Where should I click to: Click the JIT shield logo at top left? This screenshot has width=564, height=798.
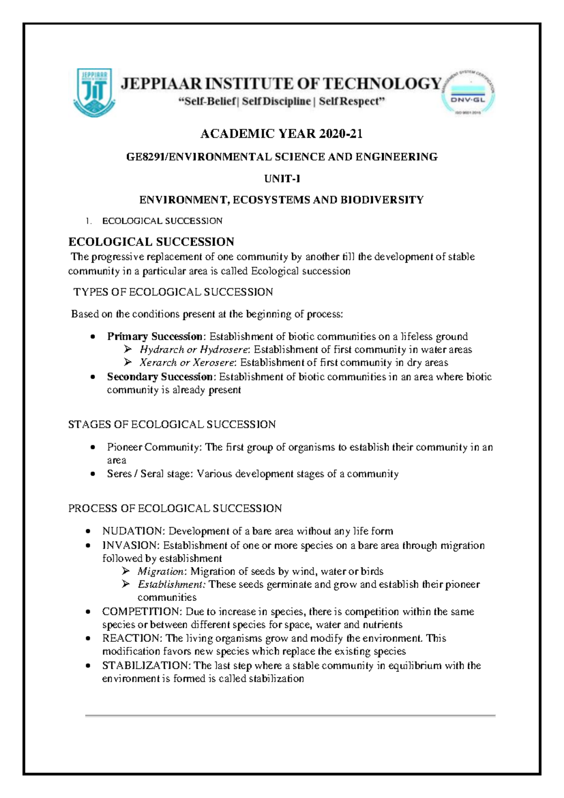coord(94,92)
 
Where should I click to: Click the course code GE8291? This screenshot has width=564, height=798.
coord(145,157)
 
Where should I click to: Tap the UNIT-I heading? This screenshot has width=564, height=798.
coord(282,179)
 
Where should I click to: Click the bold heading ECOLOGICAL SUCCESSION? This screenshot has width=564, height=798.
coord(151,242)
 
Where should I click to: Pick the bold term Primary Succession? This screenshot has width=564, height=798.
coord(155,336)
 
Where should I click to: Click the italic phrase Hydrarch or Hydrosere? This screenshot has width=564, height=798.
coord(195,350)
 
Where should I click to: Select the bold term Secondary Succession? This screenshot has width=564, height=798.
coord(160,377)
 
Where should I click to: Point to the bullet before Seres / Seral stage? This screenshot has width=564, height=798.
coord(93,474)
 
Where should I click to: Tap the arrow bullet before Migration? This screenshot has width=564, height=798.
coord(125,571)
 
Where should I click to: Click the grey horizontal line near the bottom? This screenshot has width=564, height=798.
coord(290,716)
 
